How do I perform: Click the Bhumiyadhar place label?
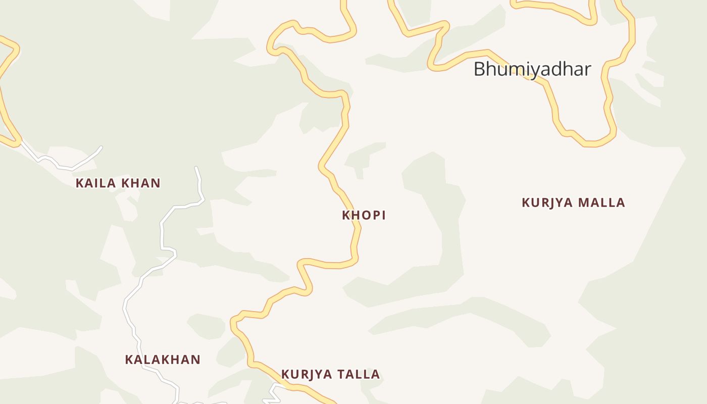point(532,69)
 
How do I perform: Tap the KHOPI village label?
point(364,215)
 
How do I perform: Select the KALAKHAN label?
point(163,360)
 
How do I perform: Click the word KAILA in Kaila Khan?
point(92,183)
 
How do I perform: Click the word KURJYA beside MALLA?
point(547,203)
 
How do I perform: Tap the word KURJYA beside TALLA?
point(307,374)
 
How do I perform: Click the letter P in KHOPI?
point(374,215)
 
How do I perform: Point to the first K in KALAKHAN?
point(129,360)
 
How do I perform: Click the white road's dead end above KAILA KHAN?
point(101,147)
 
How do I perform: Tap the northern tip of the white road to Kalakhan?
point(196,168)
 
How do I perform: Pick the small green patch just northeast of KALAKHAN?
point(206,326)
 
